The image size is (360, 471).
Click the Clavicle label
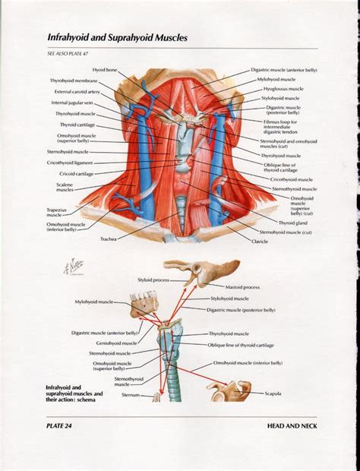coord(261,241)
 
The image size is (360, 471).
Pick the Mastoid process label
coord(242,287)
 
